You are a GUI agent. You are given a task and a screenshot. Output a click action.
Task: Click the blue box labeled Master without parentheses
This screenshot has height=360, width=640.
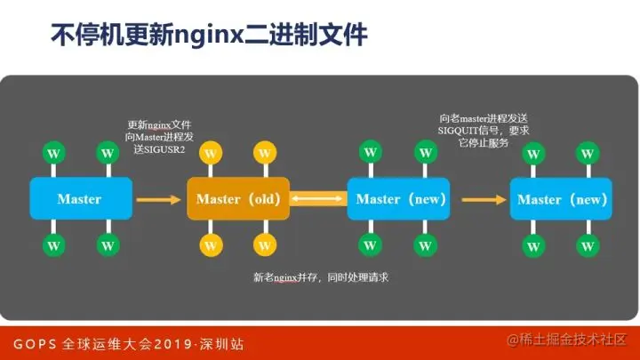(x=79, y=198)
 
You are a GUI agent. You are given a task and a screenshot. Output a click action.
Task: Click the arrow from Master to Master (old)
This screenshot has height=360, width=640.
(x=158, y=199)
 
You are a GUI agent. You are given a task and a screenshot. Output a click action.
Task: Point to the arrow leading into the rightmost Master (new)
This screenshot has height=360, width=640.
(x=481, y=199)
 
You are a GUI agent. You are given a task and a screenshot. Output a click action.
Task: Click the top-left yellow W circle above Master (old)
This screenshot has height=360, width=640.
(x=210, y=153)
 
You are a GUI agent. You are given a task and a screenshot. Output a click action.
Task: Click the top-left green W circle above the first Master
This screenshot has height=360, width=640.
(x=53, y=153)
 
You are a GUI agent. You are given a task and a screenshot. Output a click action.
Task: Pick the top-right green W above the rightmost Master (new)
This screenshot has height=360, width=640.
(x=587, y=153)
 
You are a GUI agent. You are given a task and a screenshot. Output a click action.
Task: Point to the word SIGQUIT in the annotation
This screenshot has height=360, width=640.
(x=462, y=131)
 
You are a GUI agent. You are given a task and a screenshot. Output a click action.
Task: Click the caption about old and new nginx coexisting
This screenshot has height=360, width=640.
(x=321, y=277)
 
